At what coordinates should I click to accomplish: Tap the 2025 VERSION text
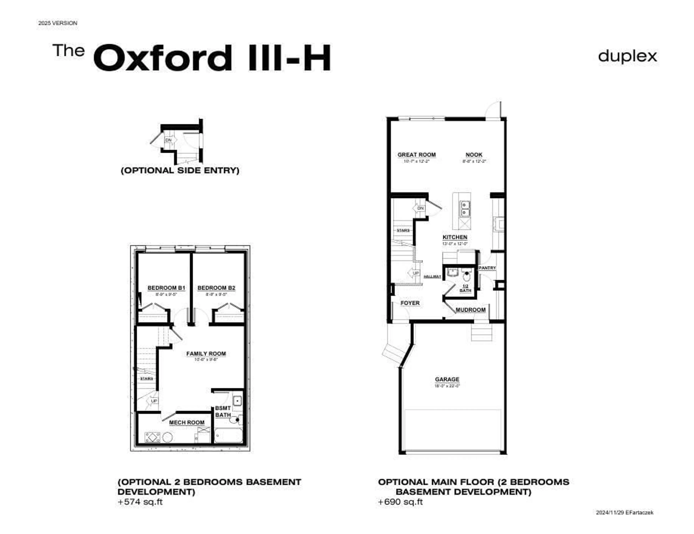pyautogui.click(x=58, y=23)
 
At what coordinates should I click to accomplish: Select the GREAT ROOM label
pyautogui.click(x=416, y=155)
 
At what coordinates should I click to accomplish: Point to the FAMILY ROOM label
pyautogui.click(x=206, y=354)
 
